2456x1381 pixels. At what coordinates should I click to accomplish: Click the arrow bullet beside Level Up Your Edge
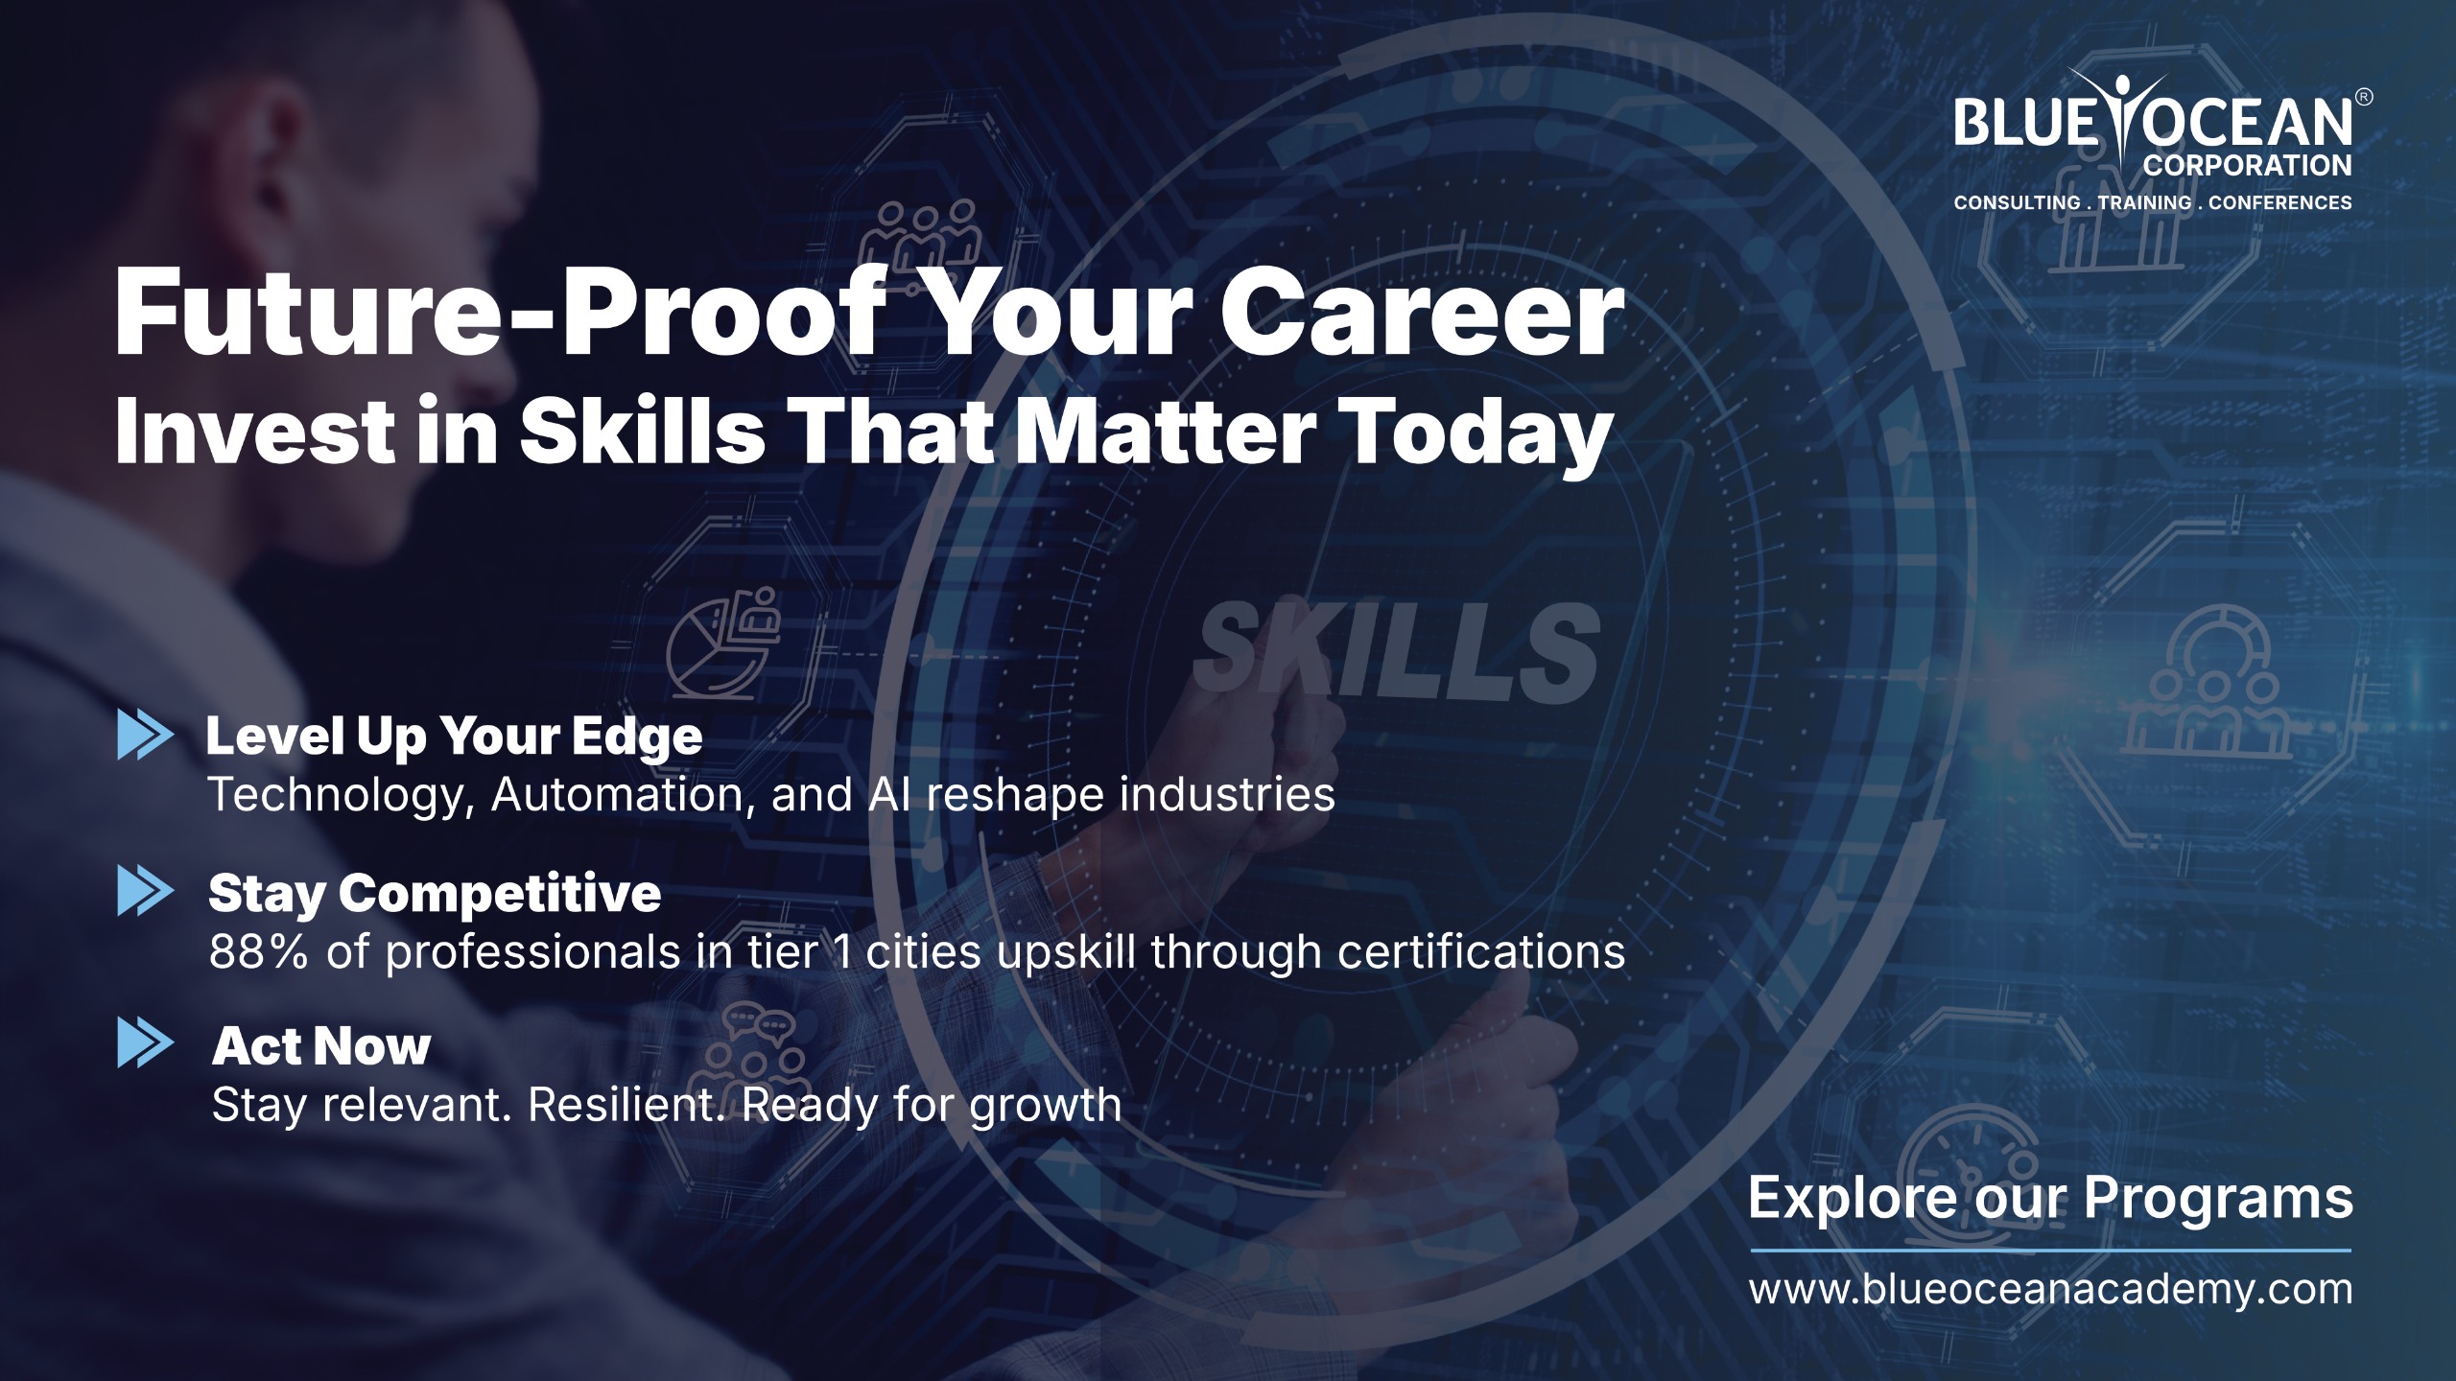tap(146, 736)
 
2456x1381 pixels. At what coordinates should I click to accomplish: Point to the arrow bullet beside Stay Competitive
tap(146, 891)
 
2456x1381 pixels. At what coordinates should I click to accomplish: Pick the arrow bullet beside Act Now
tap(146, 1043)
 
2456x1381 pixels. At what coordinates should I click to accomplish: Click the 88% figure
tap(259, 952)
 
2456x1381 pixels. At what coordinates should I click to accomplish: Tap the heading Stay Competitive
tap(435, 894)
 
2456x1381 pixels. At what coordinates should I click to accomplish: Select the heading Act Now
tap(321, 1045)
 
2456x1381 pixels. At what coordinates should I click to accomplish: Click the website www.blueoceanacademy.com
tap(2051, 1289)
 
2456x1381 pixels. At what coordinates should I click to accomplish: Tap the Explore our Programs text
tap(2051, 1199)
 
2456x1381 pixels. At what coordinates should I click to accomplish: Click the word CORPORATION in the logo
tap(2248, 166)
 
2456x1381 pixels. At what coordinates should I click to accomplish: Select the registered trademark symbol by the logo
tap(2365, 97)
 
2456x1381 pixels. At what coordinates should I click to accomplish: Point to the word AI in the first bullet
tap(888, 794)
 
